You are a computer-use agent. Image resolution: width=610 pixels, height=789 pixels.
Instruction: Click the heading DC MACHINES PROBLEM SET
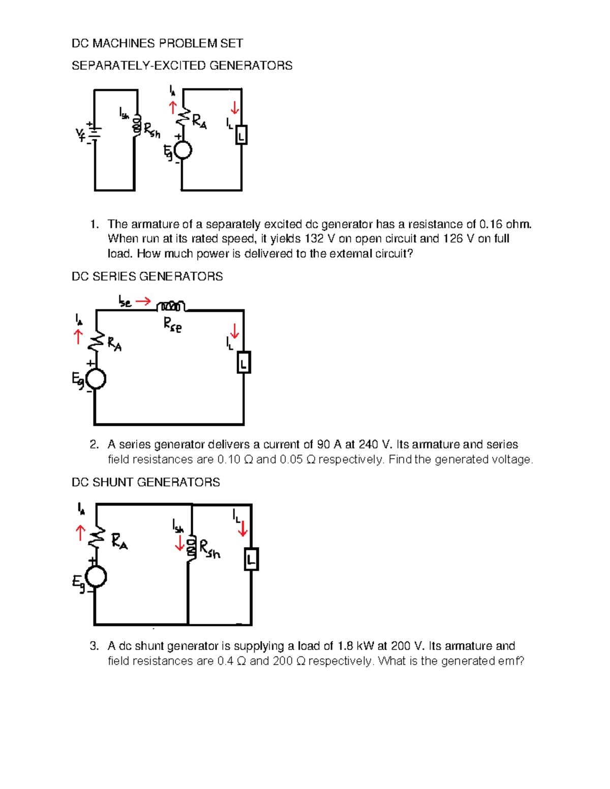(x=157, y=44)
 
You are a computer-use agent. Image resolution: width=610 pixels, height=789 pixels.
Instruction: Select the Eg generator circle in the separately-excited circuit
(x=182, y=150)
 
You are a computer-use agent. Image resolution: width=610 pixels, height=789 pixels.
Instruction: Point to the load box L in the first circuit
(x=241, y=135)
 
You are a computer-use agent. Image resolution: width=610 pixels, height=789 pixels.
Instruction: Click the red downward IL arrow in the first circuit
(x=234, y=108)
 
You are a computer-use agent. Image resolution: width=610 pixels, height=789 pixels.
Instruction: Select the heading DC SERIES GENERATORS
(x=147, y=276)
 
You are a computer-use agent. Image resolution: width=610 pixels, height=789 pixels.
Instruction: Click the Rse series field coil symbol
(x=171, y=306)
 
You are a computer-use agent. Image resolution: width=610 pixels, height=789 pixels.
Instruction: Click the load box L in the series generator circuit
(x=244, y=363)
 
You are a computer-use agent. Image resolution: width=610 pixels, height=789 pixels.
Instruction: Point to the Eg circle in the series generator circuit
(x=96, y=379)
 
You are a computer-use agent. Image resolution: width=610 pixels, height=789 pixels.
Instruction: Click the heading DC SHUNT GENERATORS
(x=145, y=482)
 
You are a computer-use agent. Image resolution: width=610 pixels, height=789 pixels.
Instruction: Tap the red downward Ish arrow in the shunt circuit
(x=179, y=544)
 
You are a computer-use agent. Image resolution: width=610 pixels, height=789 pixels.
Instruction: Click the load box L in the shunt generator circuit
(x=251, y=559)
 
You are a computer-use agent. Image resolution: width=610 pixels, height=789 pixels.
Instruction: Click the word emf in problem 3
(x=511, y=661)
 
